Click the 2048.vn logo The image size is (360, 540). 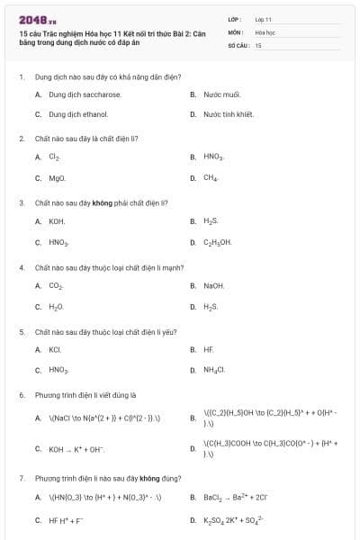click(37, 19)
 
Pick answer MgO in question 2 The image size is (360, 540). click(58, 178)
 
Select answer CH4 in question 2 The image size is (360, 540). click(211, 178)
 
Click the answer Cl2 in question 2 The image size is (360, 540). click(55, 157)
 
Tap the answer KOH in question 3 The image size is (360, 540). click(57, 220)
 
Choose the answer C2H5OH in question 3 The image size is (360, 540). click(218, 242)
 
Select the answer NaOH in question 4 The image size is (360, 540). click(214, 285)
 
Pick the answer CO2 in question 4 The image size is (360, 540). click(56, 285)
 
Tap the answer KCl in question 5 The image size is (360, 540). click(55, 349)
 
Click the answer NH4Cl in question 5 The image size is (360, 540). click(214, 370)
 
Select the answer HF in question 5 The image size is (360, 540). click(209, 349)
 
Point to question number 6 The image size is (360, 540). click(22, 394)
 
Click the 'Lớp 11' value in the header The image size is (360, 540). click(263, 18)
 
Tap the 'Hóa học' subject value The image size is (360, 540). click(265, 31)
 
